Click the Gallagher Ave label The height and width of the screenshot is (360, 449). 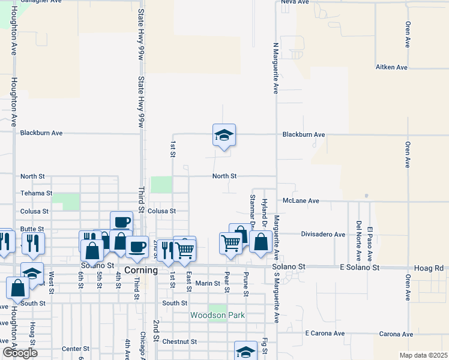[x=41, y=2]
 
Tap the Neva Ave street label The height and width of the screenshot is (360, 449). [x=294, y=2]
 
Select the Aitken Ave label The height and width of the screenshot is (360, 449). [x=392, y=67]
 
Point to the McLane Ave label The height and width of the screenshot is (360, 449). [x=301, y=201]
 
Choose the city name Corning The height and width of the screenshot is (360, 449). [x=141, y=271]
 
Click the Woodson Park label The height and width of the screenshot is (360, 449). [x=217, y=315]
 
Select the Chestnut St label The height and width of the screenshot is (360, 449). [x=179, y=341]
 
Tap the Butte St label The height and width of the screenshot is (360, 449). [x=32, y=229]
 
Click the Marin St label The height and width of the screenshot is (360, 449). [x=208, y=283]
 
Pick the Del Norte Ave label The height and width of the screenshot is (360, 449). [x=358, y=234]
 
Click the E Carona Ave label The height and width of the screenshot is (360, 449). [x=325, y=333]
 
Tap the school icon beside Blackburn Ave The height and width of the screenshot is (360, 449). [x=224, y=136]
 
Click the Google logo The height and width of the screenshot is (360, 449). [x=20, y=353]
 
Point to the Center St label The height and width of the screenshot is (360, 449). [x=76, y=349]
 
